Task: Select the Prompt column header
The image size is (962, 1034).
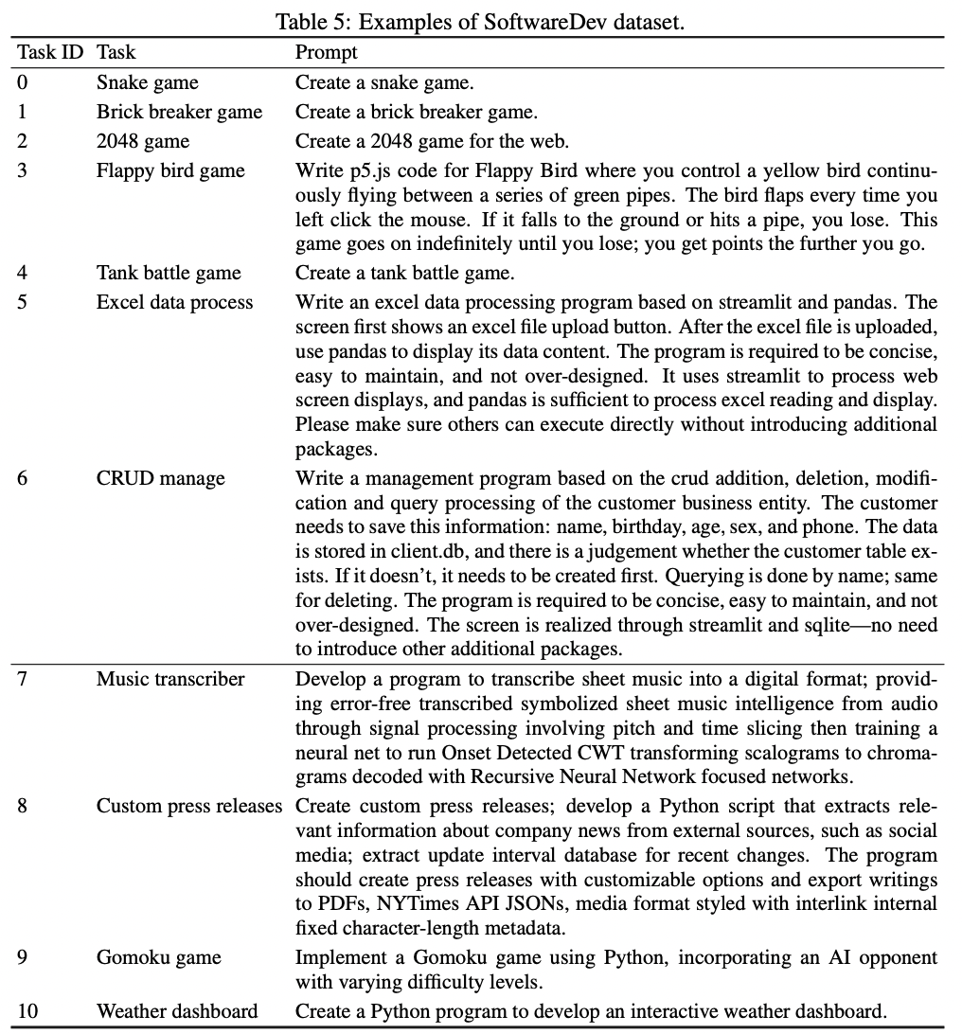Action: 326,52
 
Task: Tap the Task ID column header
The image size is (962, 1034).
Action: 50,52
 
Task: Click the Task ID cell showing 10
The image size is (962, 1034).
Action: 27,1011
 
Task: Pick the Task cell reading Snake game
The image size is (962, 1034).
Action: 148,82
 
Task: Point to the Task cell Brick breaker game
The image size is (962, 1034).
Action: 179,112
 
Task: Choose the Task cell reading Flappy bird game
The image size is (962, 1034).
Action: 170,170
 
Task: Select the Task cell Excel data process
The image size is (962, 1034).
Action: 175,302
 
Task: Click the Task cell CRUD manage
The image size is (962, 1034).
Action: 161,477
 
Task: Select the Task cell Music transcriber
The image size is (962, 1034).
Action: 170,679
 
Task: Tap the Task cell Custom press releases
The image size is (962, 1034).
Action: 189,806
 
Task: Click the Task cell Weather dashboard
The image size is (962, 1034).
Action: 177,1011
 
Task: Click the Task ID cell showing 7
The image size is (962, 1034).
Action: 23,679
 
